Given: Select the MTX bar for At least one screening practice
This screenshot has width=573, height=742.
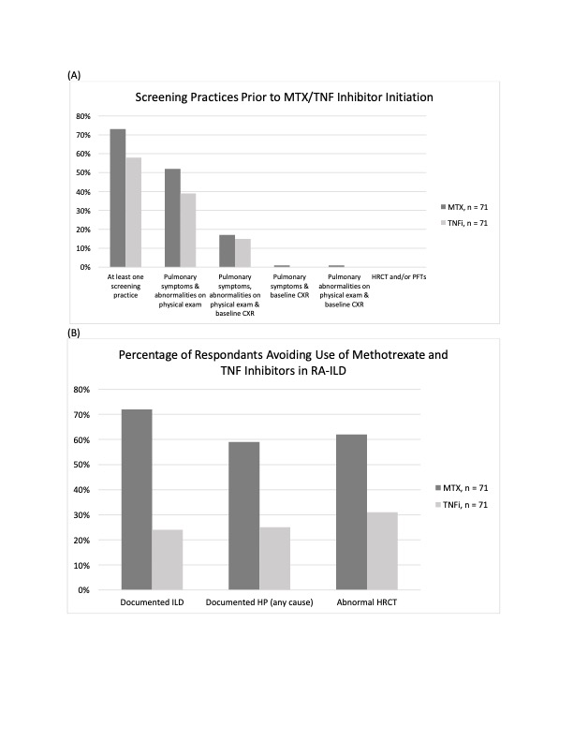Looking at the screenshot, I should click(x=118, y=198).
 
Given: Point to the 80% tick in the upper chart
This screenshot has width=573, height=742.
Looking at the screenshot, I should click(x=82, y=116).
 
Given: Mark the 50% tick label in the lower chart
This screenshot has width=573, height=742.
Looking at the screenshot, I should click(x=82, y=465).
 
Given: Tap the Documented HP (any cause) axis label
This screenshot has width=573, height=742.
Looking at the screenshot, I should click(x=259, y=601).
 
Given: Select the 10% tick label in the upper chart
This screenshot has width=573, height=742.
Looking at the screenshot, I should click(x=82, y=248).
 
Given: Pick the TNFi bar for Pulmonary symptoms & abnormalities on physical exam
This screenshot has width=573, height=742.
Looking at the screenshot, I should click(x=188, y=230).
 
